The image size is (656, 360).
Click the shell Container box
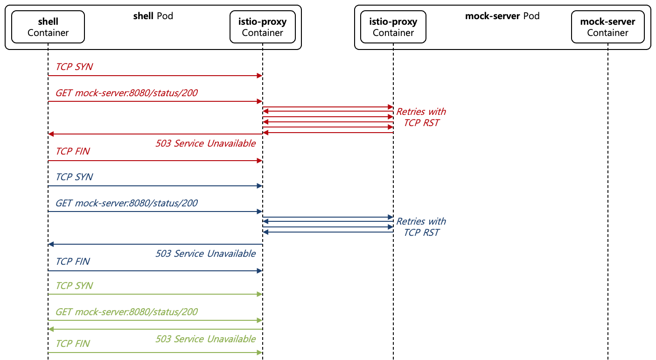(x=48, y=27)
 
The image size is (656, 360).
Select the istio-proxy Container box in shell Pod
(x=262, y=27)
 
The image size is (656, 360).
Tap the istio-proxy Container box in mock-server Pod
(x=393, y=27)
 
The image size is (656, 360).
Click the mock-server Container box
(x=607, y=27)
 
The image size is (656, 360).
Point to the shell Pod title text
(x=153, y=16)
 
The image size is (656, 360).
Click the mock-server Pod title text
(x=502, y=16)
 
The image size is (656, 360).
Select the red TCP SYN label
(x=74, y=67)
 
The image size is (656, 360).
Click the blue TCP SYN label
(x=74, y=177)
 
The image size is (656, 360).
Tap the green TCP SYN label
(x=74, y=286)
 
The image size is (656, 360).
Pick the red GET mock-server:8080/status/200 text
(x=126, y=93)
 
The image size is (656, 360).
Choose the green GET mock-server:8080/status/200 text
(x=126, y=311)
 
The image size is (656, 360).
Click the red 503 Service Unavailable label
(x=205, y=143)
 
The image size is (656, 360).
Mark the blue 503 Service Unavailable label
(x=205, y=254)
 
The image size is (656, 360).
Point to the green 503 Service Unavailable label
(x=205, y=339)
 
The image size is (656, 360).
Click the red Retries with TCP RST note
(x=421, y=117)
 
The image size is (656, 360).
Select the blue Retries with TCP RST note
(x=421, y=227)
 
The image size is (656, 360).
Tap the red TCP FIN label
(x=73, y=151)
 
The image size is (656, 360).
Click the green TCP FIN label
(x=73, y=344)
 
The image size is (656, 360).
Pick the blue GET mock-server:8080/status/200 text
(x=126, y=203)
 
